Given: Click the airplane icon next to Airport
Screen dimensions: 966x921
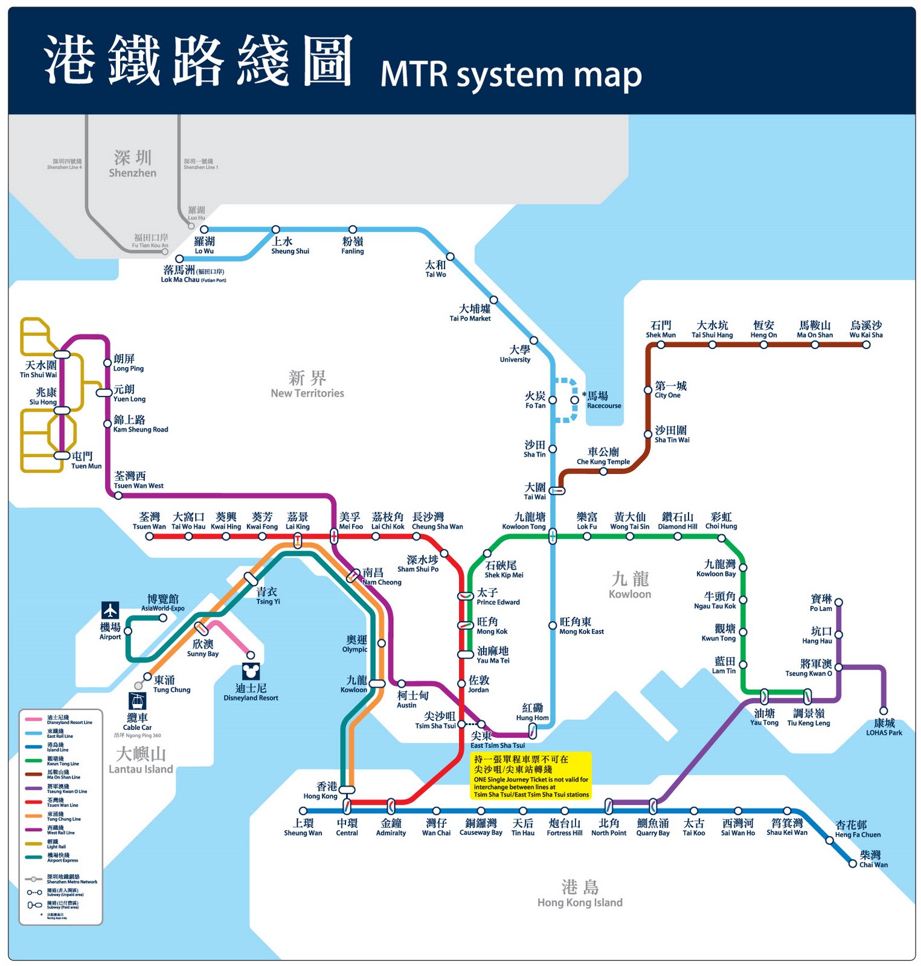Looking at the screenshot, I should point(110,610).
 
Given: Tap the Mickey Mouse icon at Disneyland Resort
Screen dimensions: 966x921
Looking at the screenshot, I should point(251,671).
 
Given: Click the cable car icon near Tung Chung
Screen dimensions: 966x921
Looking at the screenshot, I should point(138,702).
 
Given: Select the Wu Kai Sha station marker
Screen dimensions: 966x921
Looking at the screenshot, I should point(866,345).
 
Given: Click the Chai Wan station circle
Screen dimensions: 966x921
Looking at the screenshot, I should point(852,864).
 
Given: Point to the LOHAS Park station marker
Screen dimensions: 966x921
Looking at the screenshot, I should point(884,711).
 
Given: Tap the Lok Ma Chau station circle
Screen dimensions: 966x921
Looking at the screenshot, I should point(179,258).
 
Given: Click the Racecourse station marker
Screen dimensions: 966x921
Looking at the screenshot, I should point(574,400).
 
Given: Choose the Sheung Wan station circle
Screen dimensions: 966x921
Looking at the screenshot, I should point(303,811).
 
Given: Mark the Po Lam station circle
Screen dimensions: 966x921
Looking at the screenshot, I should point(838,602).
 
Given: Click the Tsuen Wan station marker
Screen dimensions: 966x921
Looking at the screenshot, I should point(149,536).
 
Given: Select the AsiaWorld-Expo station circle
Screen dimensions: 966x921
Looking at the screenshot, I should point(163,618).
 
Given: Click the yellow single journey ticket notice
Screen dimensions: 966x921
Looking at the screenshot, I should point(531,776).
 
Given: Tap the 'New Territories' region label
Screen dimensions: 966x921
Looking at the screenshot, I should point(307,385).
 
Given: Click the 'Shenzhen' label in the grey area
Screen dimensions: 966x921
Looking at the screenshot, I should point(132,164).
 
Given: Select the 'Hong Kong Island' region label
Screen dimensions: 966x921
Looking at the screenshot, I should point(580,894).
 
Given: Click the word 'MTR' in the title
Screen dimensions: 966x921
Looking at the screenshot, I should point(414,75).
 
